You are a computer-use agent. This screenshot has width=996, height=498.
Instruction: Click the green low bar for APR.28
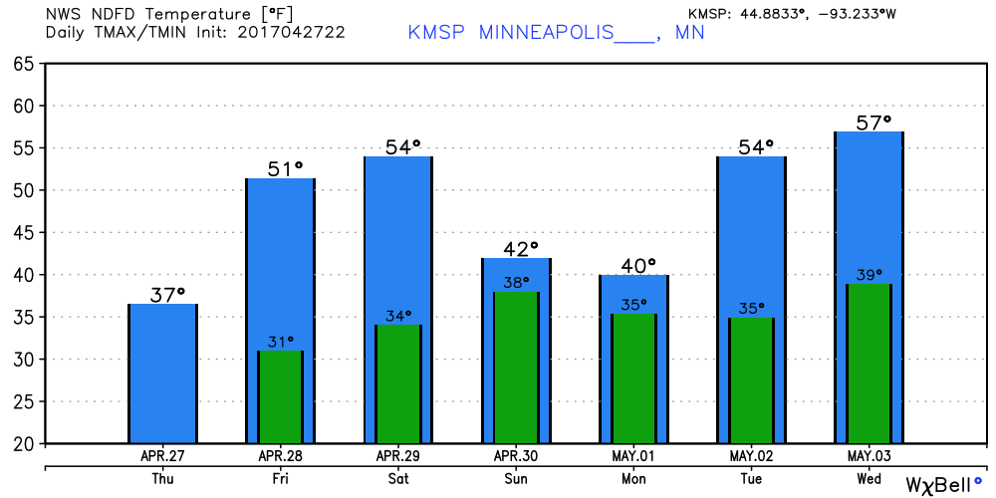(x=280, y=396)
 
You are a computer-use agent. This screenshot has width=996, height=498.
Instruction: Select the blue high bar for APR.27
(x=162, y=373)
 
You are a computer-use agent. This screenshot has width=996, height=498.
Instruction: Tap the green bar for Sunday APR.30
(x=516, y=368)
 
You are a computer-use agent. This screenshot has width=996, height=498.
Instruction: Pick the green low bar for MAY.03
(x=869, y=364)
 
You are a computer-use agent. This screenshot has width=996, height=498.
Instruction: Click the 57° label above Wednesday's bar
(x=873, y=122)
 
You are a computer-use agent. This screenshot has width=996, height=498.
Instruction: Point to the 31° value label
(x=280, y=342)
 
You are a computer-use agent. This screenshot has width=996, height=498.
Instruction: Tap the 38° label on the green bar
(x=516, y=283)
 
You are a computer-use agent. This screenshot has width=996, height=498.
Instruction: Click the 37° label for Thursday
(x=167, y=295)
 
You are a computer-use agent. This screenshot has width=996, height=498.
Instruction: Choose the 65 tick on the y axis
(x=25, y=64)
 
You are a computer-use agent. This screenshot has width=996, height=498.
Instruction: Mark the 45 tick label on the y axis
(x=25, y=232)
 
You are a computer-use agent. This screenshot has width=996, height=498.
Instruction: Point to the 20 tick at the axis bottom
(x=25, y=443)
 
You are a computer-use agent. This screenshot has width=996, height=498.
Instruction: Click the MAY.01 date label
(x=634, y=456)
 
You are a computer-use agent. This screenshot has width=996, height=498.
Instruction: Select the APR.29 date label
(x=398, y=456)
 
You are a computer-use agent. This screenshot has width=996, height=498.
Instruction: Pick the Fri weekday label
(x=280, y=479)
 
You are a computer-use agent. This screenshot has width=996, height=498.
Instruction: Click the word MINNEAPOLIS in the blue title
(x=546, y=32)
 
